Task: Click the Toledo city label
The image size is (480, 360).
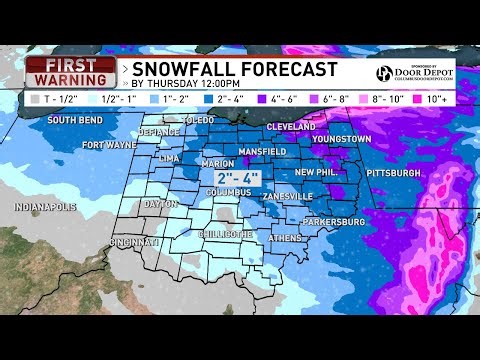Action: pyautogui.click(x=198, y=120)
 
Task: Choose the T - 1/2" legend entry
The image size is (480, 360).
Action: pyautogui.click(x=51, y=100)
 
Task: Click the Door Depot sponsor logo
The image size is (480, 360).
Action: pyautogui.click(x=412, y=73)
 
